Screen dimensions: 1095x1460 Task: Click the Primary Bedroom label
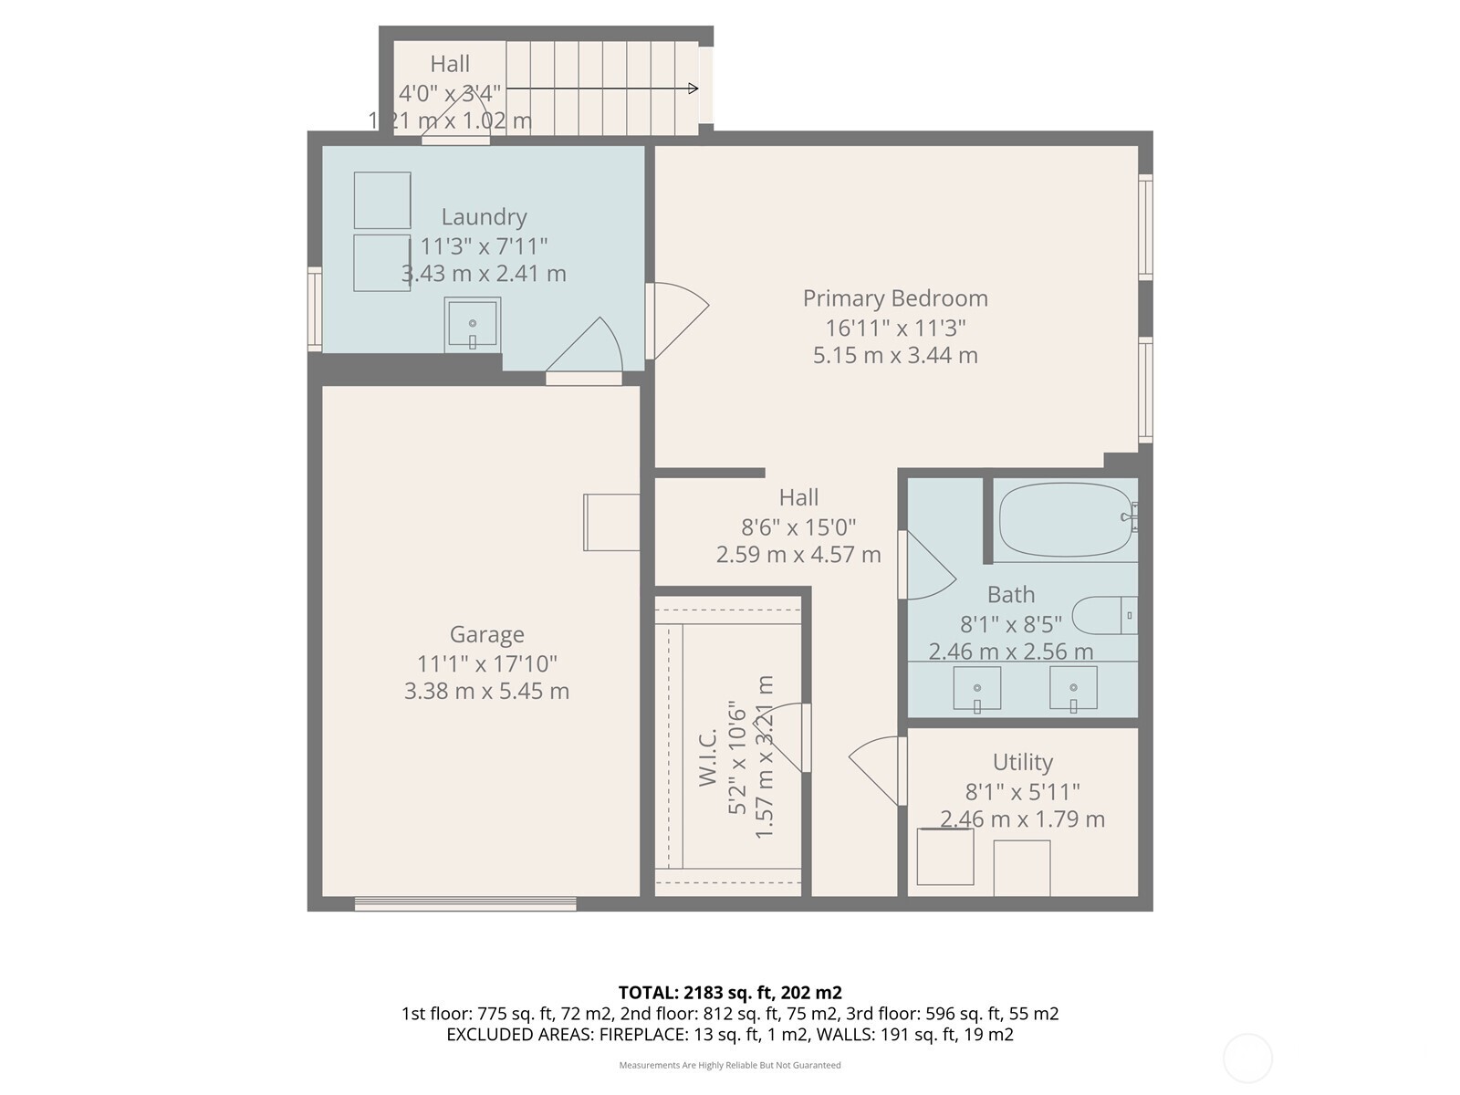pos(895,298)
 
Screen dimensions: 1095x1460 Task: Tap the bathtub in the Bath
pos(1063,520)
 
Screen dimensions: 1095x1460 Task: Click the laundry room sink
pos(472,325)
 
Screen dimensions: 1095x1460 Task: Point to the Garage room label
pos(486,634)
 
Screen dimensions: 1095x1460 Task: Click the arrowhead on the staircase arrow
pos(693,89)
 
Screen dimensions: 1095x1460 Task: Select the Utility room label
pos(1023,762)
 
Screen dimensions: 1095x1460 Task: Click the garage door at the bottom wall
pos(465,904)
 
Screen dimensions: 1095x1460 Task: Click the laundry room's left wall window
pos(315,308)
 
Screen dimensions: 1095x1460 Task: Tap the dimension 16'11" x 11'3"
pos(895,327)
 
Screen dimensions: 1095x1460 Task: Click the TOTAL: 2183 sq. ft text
pos(729,993)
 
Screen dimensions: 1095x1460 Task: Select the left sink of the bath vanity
pos(976,688)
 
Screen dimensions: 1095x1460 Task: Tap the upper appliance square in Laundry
pos(382,200)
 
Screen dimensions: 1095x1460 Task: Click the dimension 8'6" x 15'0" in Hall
pos(798,527)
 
